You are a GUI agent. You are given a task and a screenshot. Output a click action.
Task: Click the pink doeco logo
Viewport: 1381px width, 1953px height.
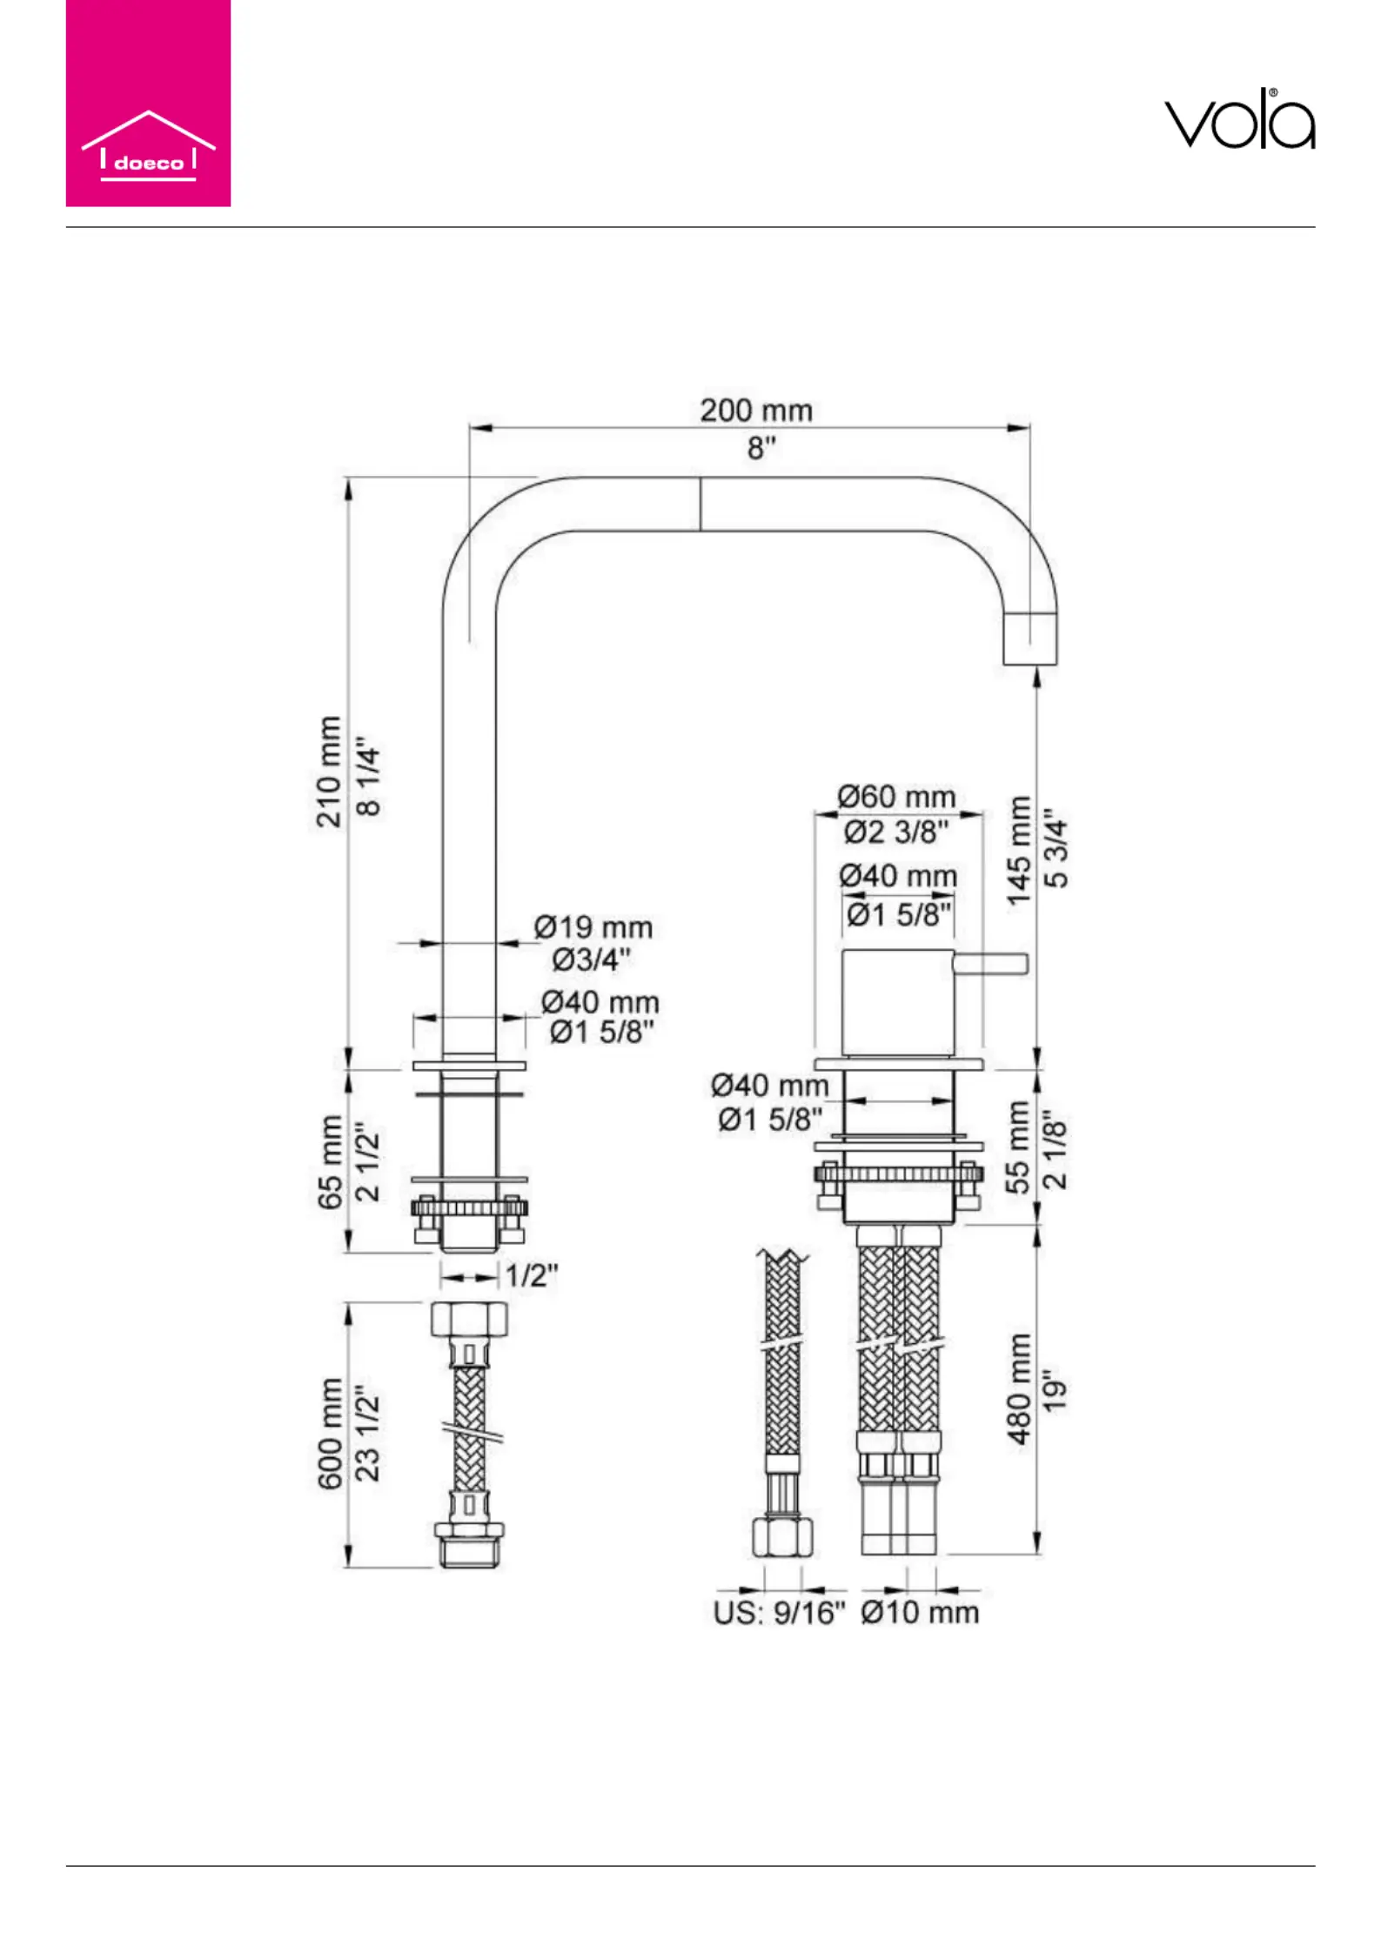tap(148, 104)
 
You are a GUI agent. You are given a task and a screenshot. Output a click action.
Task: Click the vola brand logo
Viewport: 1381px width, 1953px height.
tap(1239, 119)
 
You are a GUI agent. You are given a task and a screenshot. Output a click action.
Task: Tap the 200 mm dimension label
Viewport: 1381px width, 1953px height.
tap(756, 411)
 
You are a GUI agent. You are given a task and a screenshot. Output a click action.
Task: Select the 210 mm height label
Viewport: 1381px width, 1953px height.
tap(328, 772)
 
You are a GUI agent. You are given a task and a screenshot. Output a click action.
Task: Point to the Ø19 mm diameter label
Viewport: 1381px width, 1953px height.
tap(593, 927)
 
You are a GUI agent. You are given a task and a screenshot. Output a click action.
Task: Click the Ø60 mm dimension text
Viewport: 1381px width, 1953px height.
tap(896, 796)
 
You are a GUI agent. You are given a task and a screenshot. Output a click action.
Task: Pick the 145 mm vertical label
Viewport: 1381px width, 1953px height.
tap(1019, 851)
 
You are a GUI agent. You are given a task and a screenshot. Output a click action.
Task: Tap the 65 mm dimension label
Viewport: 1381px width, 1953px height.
tap(330, 1162)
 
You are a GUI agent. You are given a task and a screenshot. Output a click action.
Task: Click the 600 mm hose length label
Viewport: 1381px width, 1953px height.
tap(330, 1435)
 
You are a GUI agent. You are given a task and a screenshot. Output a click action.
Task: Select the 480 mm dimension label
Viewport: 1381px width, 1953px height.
tap(1019, 1389)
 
